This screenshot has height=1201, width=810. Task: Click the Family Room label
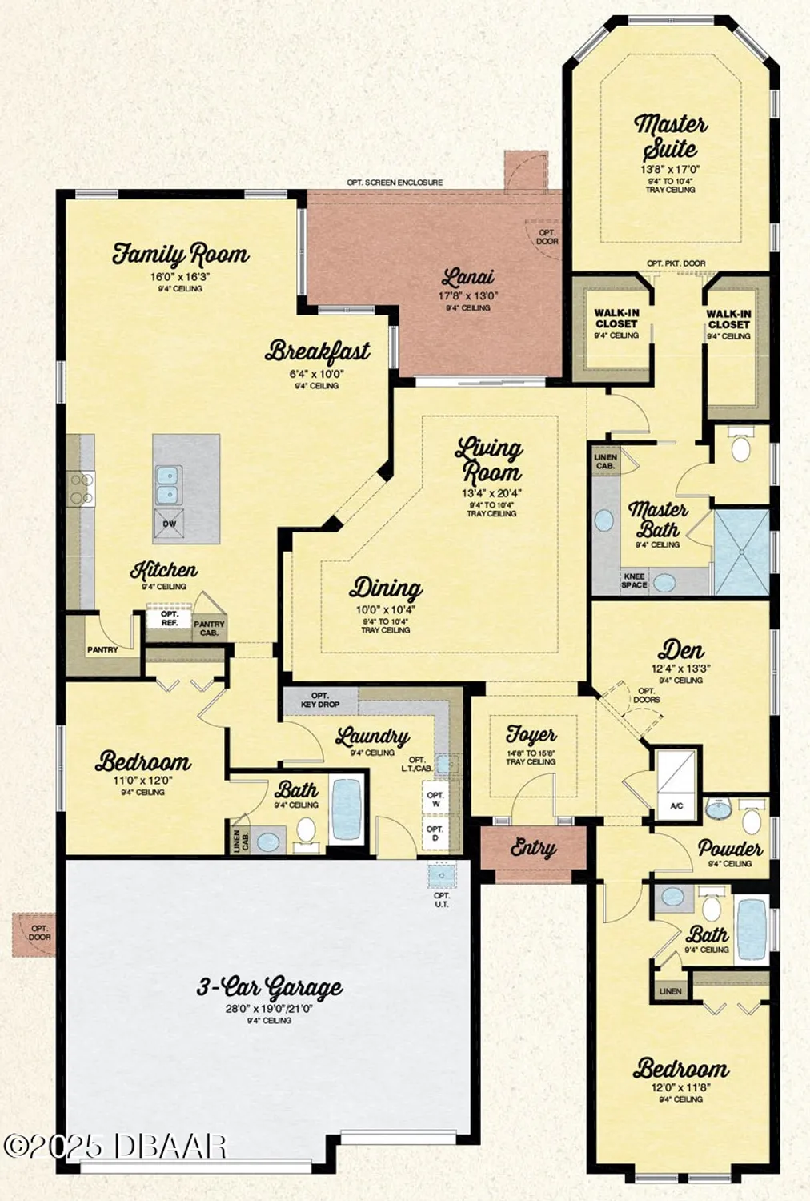click(x=180, y=255)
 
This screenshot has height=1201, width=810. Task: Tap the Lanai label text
click(x=467, y=278)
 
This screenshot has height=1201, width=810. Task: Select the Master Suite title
click(x=671, y=136)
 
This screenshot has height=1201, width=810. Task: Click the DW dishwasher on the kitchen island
click(x=170, y=524)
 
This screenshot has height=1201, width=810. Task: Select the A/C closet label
click(x=676, y=805)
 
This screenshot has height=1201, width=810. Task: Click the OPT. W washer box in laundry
click(x=435, y=798)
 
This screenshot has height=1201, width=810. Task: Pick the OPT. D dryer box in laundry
click(x=435, y=833)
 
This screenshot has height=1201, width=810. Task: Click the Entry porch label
click(x=533, y=848)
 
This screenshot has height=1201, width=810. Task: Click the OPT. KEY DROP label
click(x=319, y=701)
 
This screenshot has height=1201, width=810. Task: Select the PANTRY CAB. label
click(x=209, y=628)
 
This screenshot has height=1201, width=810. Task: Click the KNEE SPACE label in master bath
click(x=634, y=580)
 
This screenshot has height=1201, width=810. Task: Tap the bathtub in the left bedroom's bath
click(x=347, y=809)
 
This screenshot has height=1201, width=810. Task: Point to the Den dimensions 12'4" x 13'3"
click(x=680, y=668)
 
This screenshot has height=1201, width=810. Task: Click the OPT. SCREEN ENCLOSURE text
click(x=395, y=183)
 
